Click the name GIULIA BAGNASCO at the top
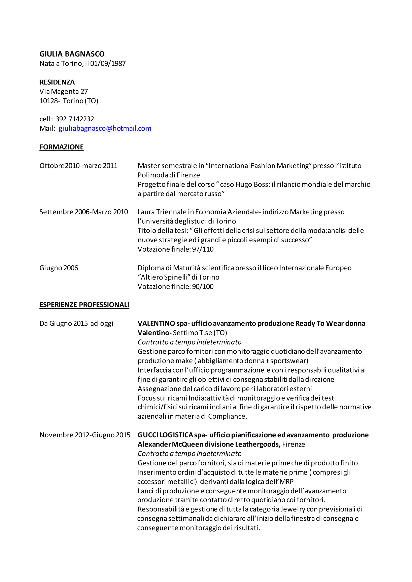[x=72, y=54]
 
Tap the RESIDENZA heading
[x=57, y=82]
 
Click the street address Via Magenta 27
[x=63, y=91]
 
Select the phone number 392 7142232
[x=75, y=119]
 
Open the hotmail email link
[x=105, y=128]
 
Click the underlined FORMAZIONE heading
[x=61, y=147]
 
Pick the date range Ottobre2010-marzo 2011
[x=78, y=166]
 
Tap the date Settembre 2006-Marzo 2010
[x=83, y=212]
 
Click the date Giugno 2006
[x=59, y=268]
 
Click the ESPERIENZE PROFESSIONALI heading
[x=84, y=305]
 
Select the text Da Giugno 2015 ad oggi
[x=76, y=323]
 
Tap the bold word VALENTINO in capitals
[x=156, y=323]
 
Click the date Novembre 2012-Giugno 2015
[x=85, y=435]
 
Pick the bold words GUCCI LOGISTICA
[x=165, y=435]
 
